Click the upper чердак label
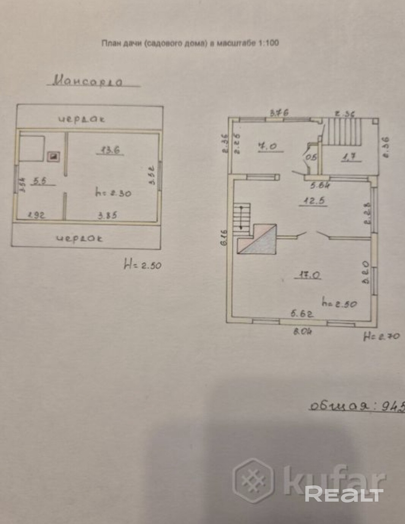coord(82,119)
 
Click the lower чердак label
coord(79,238)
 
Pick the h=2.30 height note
coord(113,193)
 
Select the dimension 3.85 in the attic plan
coord(107,215)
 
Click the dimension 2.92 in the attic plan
coord(36,215)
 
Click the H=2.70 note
coord(381,336)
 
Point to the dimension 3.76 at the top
coord(279,112)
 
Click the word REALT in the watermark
coord(344,494)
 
